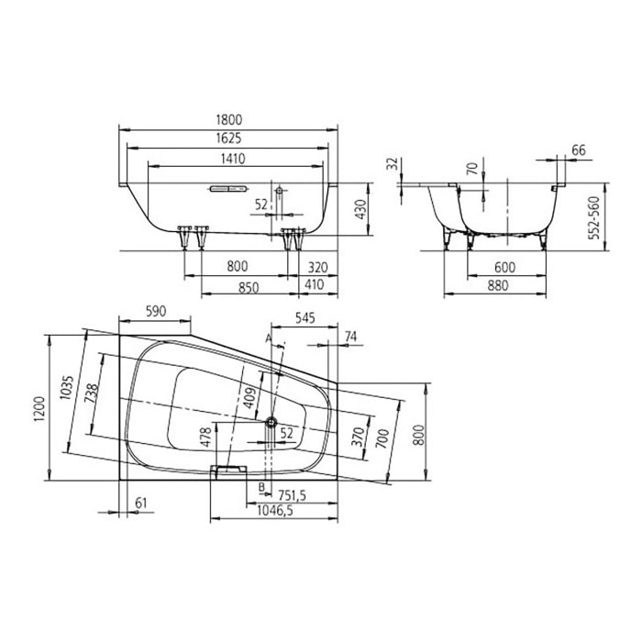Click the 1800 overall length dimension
click(230, 119)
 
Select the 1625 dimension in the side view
click(230, 138)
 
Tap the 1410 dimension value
click(230, 159)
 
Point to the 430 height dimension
click(361, 208)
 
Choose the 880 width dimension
click(503, 286)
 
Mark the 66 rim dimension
click(578, 149)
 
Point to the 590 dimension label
click(157, 312)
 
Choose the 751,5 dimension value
click(289, 495)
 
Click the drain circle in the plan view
click(271, 422)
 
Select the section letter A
click(268, 338)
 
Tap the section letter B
click(261, 485)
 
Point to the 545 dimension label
click(305, 318)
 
